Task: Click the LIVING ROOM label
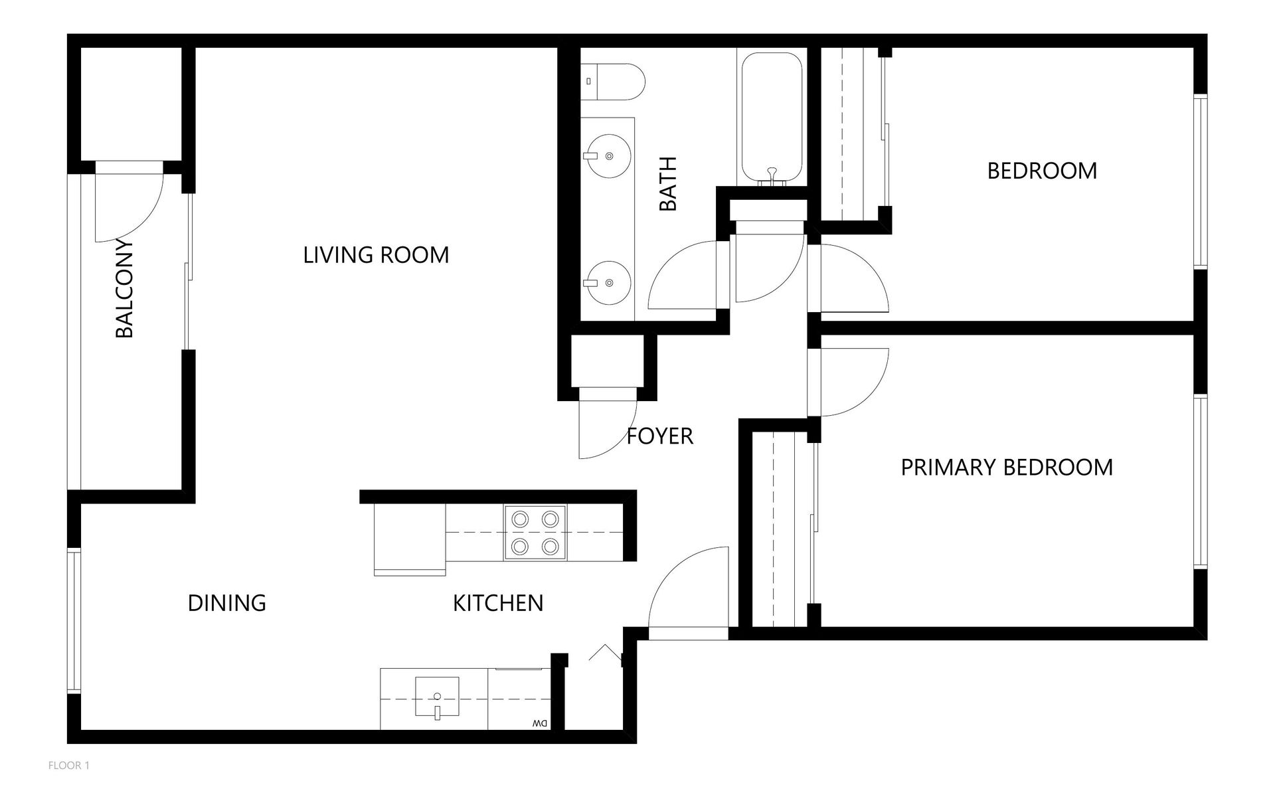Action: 376,255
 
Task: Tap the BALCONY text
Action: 124,288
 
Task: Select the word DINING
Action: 227,603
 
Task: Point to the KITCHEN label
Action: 498,603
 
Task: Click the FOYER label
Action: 660,436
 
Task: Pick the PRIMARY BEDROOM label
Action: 1007,468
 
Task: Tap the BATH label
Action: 667,184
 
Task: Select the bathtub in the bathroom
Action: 771,118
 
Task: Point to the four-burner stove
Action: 535,533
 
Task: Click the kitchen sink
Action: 437,697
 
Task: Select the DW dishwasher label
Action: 539,723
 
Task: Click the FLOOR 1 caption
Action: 69,766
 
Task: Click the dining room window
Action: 74,622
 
